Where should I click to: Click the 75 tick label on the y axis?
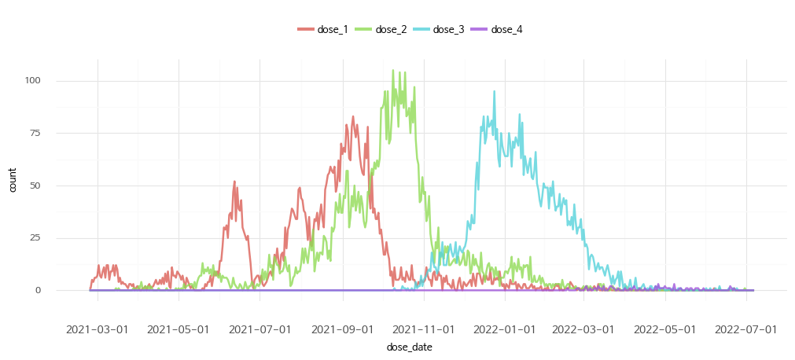[x=35, y=134]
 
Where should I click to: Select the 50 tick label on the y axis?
[x=35, y=186]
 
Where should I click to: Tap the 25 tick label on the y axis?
[x=35, y=238]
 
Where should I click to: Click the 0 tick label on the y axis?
[x=38, y=291]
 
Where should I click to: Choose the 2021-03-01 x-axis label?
[x=98, y=328]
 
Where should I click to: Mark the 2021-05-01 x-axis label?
[x=179, y=328]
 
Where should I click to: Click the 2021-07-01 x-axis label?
[x=260, y=328]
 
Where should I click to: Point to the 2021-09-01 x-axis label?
[x=342, y=328]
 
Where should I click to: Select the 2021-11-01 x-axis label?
[x=424, y=328]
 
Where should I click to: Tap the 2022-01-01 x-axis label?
[x=506, y=328]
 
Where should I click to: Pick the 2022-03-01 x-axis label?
[x=584, y=328]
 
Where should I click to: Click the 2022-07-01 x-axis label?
[x=747, y=328]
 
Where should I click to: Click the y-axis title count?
[x=13, y=186]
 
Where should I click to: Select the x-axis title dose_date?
[x=409, y=347]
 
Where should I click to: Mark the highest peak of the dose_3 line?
[x=495, y=91]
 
